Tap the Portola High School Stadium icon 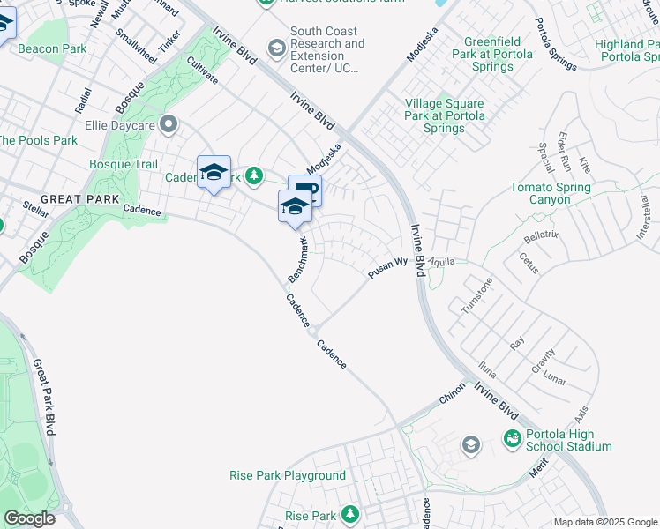tap(512, 438)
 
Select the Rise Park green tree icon tap(350, 514)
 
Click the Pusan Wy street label tap(386, 269)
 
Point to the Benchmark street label tap(298, 260)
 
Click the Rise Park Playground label tap(288, 476)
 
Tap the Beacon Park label tap(52, 48)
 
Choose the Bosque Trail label tap(124, 165)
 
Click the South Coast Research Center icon tap(277, 47)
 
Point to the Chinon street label tap(452, 398)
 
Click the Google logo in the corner tap(29, 518)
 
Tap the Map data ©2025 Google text tap(604, 522)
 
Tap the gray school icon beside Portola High tap(471, 445)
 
